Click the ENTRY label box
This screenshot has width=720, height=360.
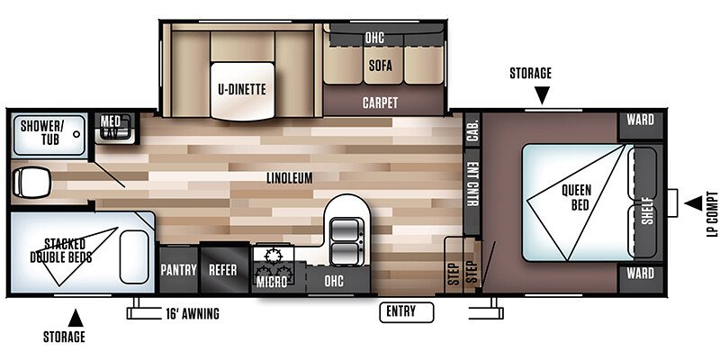tap(407, 312)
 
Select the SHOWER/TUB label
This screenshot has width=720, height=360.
tap(40, 132)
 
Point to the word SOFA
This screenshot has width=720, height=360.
tap(381, 66)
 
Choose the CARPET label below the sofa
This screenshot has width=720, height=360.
tap(380, 103)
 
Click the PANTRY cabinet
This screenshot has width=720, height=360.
tap(178, 269)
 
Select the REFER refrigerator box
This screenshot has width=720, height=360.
tap(223, 269)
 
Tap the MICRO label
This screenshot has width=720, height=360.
tap(272, 282)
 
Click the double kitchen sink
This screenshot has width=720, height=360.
tap(345, 241)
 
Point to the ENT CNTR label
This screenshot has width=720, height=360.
tap(472, 184)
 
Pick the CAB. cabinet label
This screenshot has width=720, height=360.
tap(472, 130)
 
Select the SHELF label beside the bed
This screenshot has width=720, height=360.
tap(647, 211)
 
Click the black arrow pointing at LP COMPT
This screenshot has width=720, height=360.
tap(693, 203)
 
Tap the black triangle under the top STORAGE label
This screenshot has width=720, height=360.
tap(542, 95)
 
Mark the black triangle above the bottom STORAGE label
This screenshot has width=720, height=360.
tap(76, 318)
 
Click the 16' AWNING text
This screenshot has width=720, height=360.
tap(193, 313)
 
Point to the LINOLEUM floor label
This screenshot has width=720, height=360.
tap(290, 177)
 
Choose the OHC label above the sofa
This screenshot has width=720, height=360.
tap(374, 38)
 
